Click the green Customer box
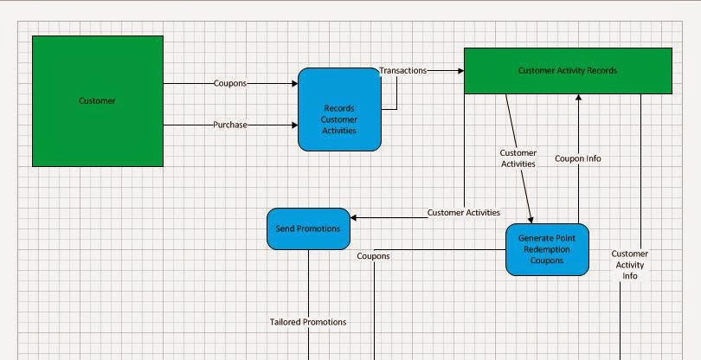(x=97, y=100)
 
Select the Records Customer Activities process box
(x=339, y=109)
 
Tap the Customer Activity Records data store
(x=567, y=71)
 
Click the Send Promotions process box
(x=308, y=228)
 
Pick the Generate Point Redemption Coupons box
(x=547, y=249)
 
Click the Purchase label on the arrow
(x=230, y=125)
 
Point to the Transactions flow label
(x=402, y=71)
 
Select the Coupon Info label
(x=578, y=158)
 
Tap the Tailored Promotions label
(x=308, y=322)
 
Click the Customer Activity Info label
(x=629, y=265)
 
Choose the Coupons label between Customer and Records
(x=230, y=84)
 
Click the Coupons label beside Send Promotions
(x=373, y=256)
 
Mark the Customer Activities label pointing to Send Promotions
(x=463, y=213)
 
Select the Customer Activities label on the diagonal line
(x=518, y=158)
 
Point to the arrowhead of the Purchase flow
(x=293, y=125)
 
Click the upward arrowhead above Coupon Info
(x=579, y=99)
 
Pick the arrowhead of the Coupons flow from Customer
(x=293, y=84)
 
